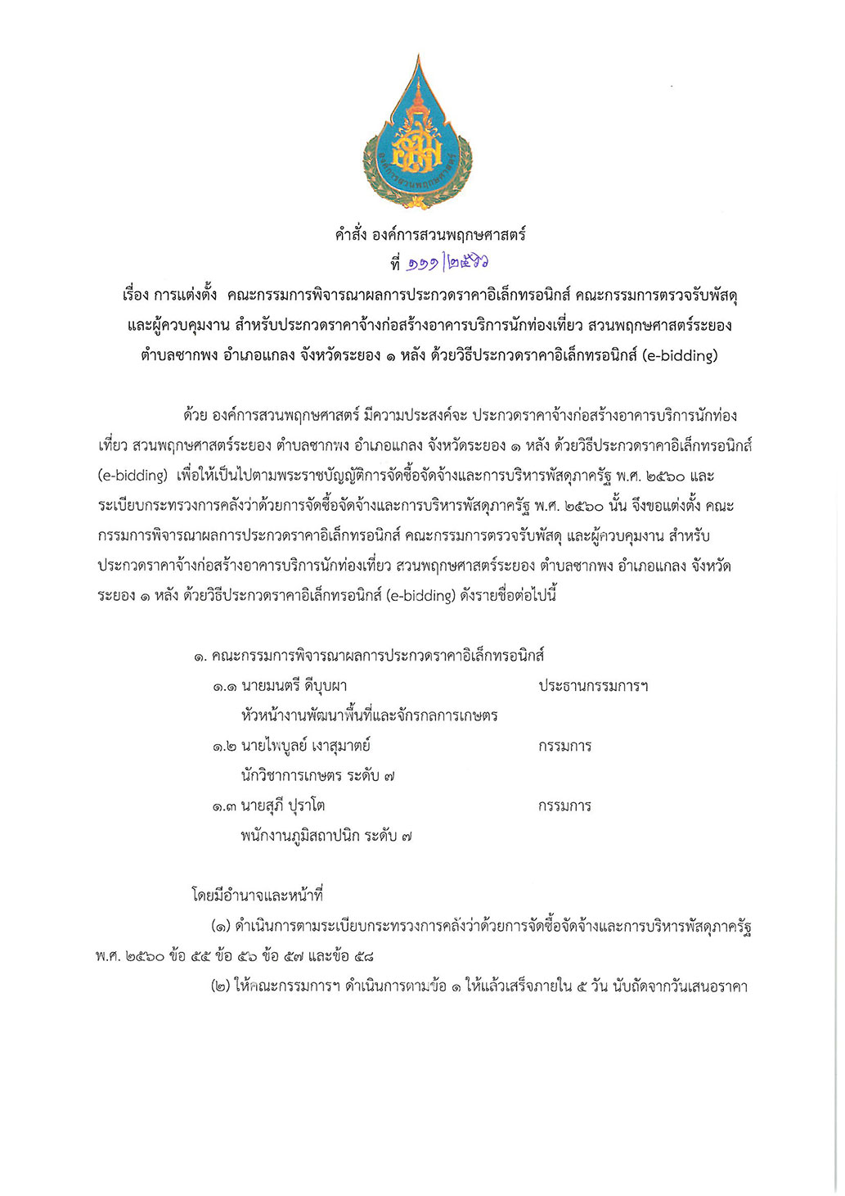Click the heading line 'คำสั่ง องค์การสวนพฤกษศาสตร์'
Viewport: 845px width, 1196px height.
[429, 235]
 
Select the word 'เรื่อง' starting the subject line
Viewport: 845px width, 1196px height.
[135, 295]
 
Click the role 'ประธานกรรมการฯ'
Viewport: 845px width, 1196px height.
[593, 686]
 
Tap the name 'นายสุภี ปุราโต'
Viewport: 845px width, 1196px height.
[282, 806]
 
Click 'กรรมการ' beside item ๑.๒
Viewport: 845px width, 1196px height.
[564, 746]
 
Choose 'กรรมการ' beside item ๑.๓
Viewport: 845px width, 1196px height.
[564, 806]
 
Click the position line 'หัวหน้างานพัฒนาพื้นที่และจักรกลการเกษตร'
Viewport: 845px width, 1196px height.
[369, 715]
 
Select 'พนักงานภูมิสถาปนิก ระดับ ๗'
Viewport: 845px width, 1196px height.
[326, 836]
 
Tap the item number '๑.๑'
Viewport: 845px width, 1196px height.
[224, 687]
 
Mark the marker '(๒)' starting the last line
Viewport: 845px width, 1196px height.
[220, 986]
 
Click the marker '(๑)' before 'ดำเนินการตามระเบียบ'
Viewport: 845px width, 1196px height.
[220, 927]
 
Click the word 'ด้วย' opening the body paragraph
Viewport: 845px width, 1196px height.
[195, 416]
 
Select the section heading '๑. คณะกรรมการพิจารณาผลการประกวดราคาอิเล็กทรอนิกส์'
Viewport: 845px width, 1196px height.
[369, 656]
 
